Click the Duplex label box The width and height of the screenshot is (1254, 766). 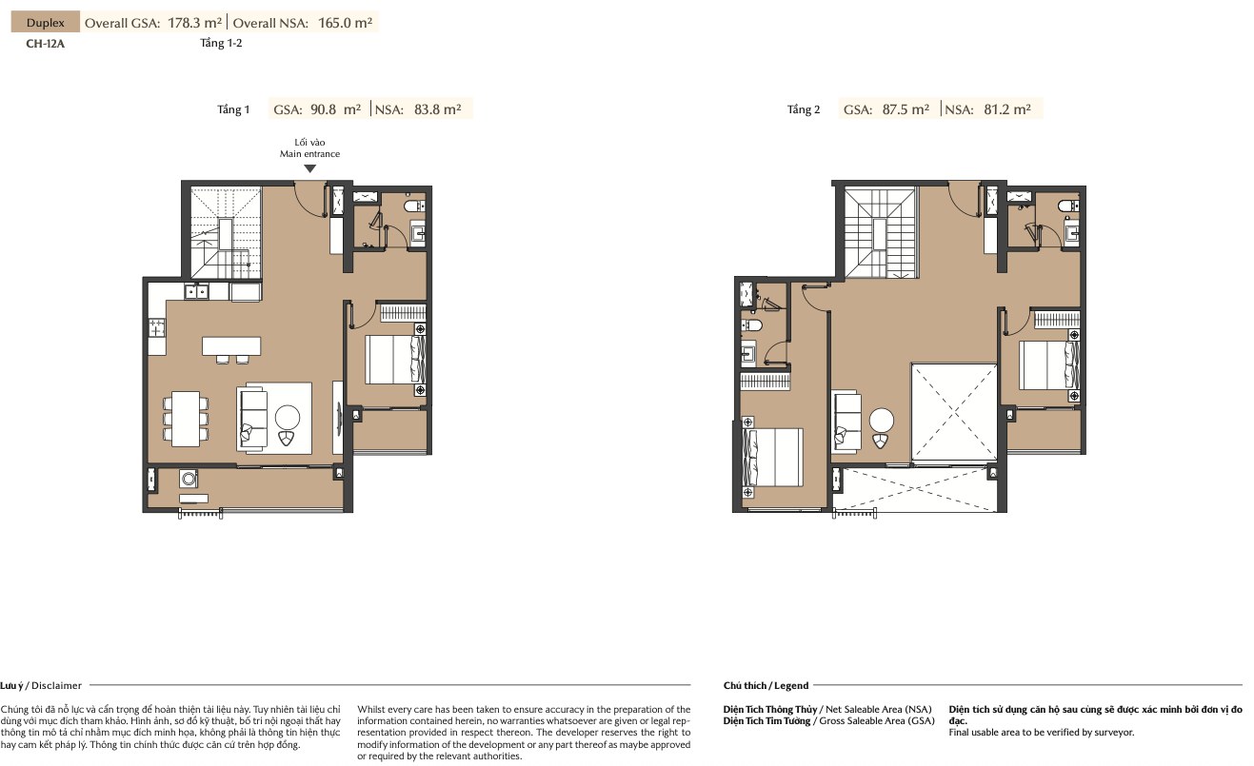pos(46,23)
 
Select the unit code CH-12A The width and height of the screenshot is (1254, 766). pos(46,44)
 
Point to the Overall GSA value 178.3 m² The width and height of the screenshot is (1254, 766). pos(195,23)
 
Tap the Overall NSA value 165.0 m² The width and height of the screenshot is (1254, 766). pos(345,23)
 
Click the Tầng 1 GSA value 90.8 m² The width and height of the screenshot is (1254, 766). pos(335,109)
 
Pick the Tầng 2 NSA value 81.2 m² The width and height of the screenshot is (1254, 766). pos(1007,109)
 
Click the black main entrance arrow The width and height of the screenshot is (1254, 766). pos(309,168)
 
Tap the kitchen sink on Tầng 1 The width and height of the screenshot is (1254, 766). pos(196,291)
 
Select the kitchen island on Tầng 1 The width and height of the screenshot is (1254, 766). pos(231,345)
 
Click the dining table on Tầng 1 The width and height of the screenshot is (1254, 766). pos(186,419)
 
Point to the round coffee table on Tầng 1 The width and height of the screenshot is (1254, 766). pos(288,417)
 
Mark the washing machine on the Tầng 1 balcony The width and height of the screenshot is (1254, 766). pos(189,479)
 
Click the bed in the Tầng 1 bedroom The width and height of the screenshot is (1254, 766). pos(395,360)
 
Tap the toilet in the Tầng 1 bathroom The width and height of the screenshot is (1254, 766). pos(414,206)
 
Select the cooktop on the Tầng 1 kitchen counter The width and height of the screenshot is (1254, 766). pos(157,327)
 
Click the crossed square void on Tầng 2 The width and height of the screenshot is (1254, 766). pos(954,414)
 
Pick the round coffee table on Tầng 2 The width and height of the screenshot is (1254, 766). pos(881,421)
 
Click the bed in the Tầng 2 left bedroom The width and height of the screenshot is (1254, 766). pos(772,457)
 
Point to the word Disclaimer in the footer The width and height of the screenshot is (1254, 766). pos(56,685)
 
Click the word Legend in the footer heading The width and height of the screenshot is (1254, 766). pos(791,685)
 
